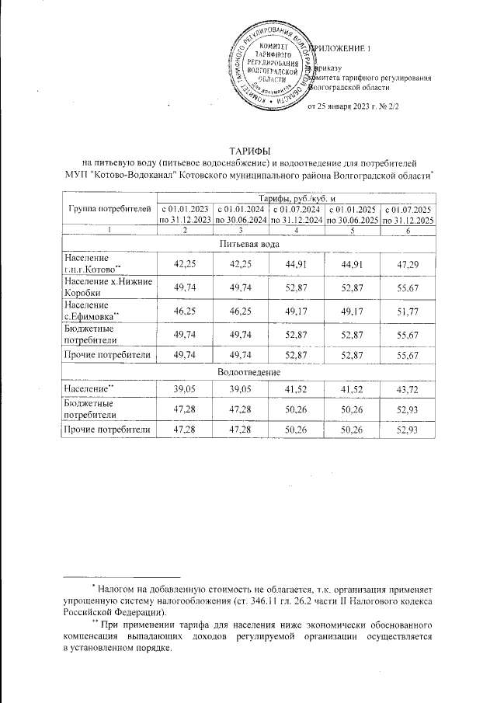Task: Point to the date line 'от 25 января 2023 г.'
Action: pos(353,106)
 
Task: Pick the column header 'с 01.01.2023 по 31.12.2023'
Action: pos(185,214)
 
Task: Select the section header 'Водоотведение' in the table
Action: pos(248,371)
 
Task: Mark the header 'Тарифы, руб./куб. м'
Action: pos(295,200)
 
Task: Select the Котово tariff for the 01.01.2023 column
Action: pos(185,263)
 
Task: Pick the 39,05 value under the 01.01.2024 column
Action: pos(240,386)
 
